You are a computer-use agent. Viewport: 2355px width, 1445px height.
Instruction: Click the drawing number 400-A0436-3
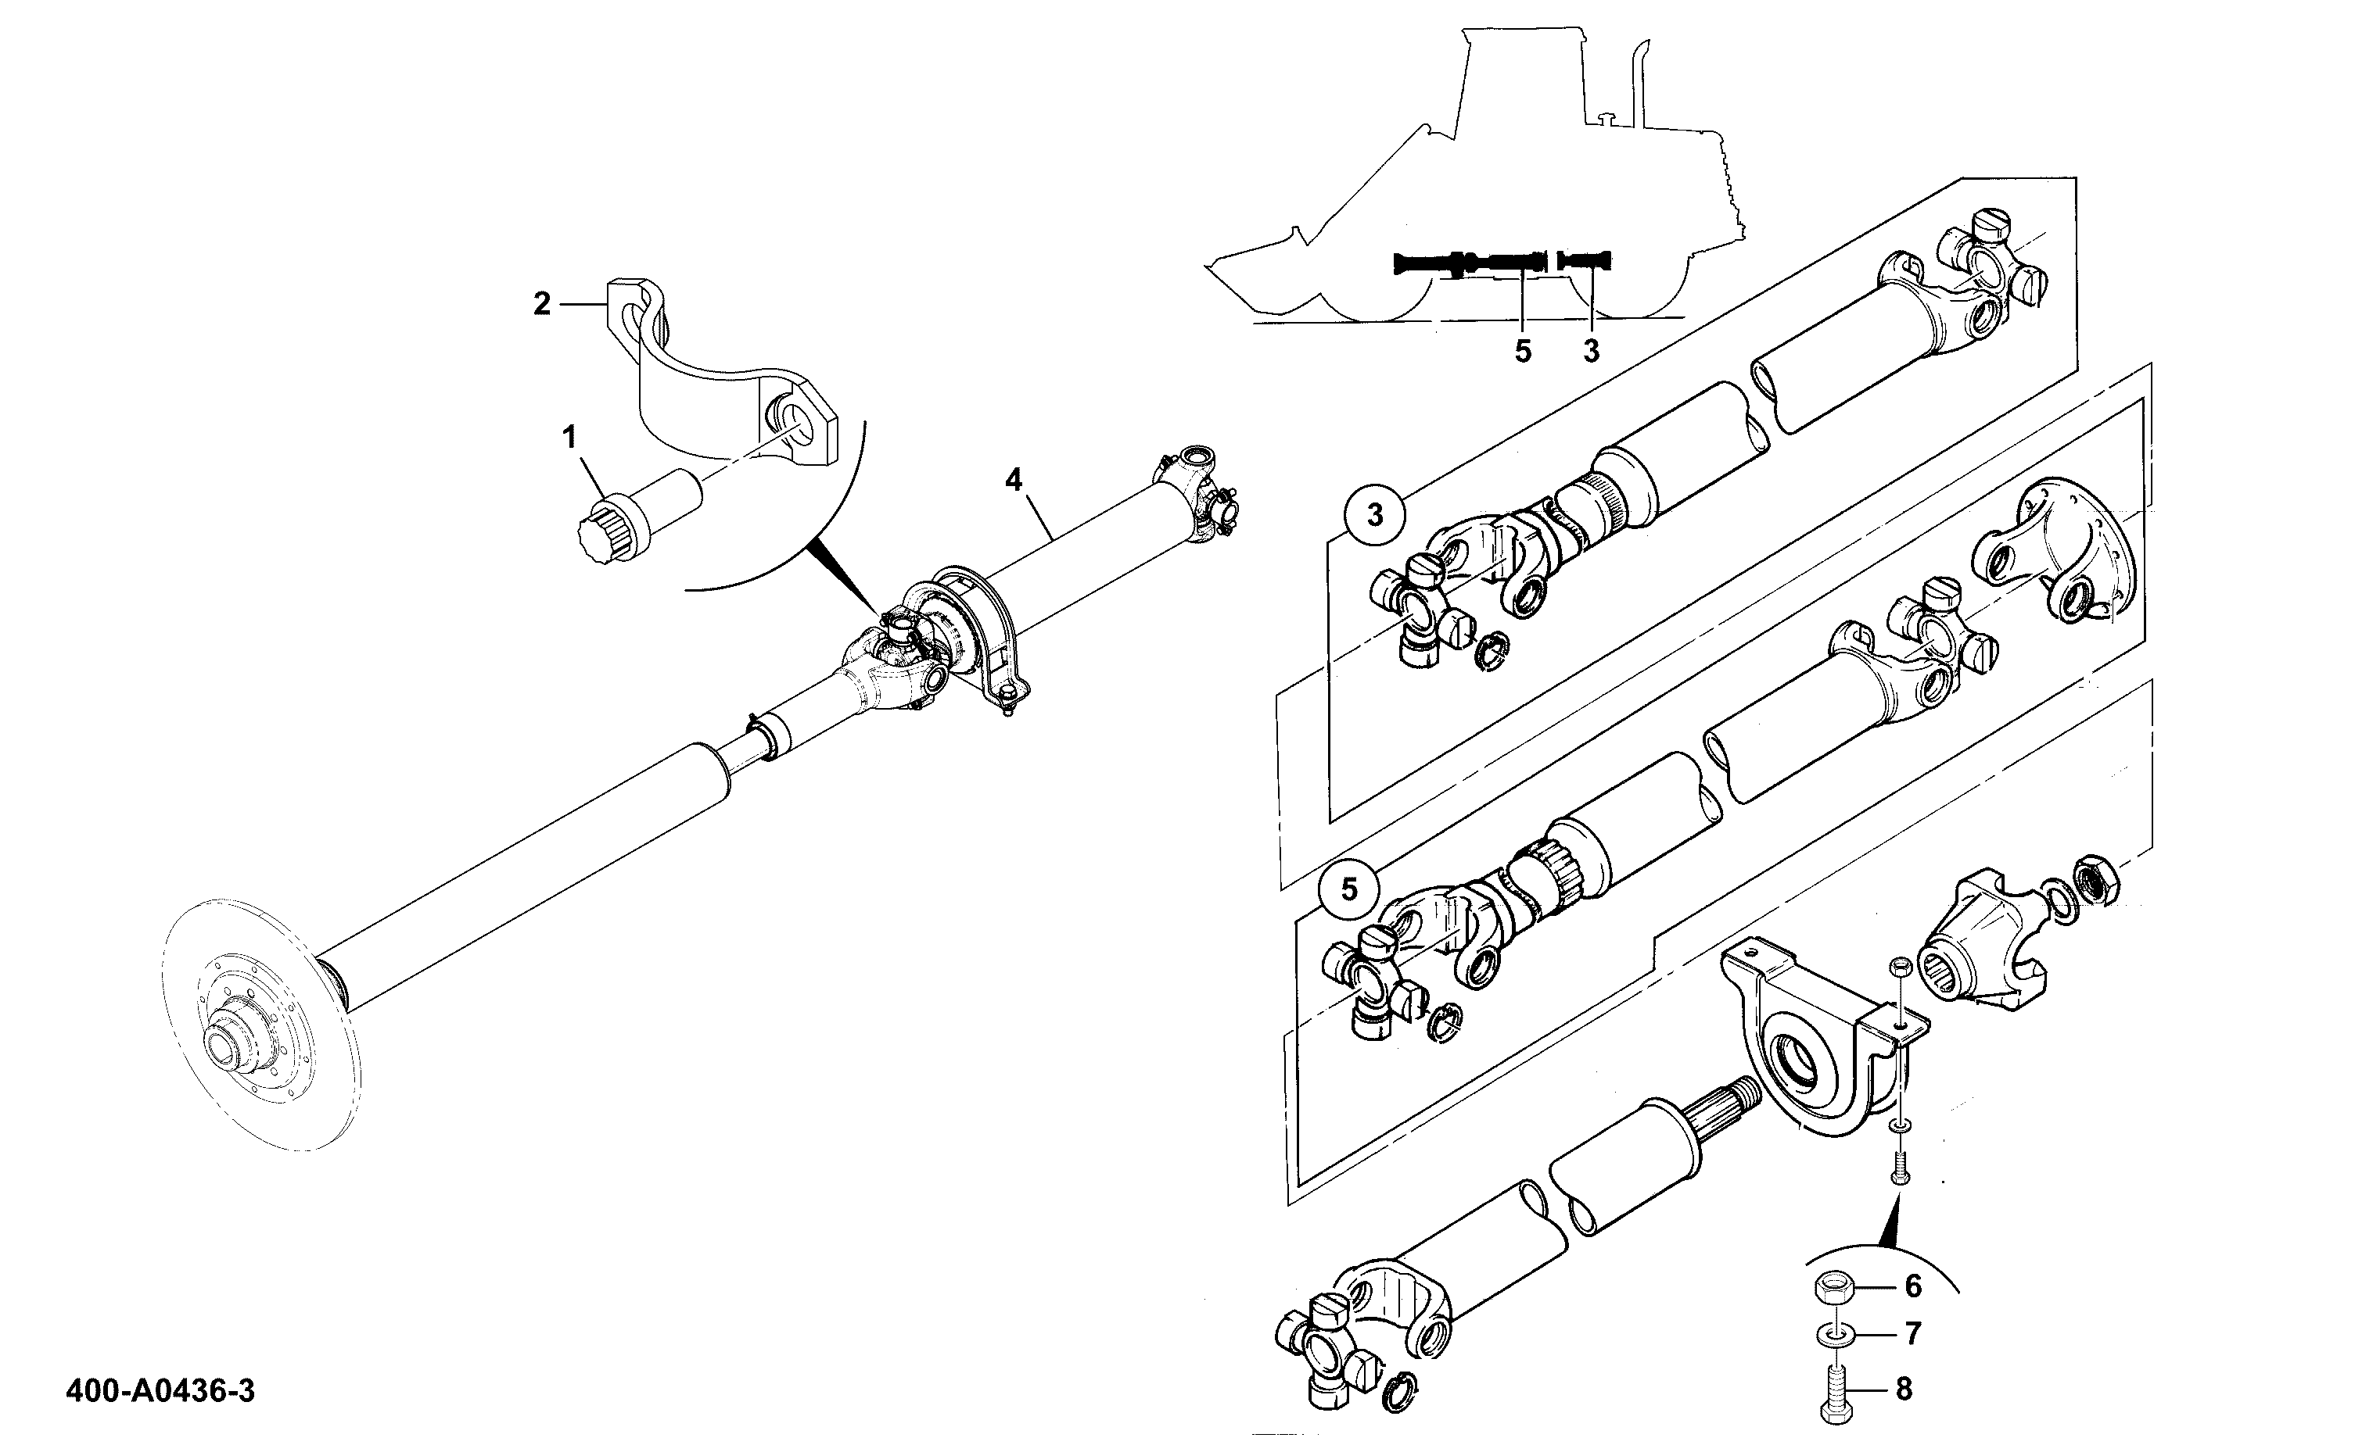pos(160,1390)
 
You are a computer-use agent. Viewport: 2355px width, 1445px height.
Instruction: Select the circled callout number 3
pos(1375,516)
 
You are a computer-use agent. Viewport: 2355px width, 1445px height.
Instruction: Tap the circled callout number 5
pos(1348,890)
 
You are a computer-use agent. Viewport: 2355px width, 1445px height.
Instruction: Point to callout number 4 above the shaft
pos(1013,480)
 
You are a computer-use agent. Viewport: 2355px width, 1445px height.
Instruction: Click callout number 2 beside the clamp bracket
pos(541,304)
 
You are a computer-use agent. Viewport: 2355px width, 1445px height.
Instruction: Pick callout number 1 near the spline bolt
pos(570,438)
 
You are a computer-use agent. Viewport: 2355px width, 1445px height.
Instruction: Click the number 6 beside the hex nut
pos(1913,1287)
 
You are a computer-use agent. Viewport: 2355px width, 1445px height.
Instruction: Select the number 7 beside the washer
pos(1913,1334)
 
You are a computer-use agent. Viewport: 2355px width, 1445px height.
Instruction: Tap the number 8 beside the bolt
pos(1904,1390)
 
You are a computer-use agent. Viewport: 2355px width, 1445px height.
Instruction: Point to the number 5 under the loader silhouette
pos(1523,352)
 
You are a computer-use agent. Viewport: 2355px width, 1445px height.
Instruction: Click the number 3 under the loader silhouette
pos(1591,352)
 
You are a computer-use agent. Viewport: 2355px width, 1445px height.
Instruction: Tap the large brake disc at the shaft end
pos(260,1025)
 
